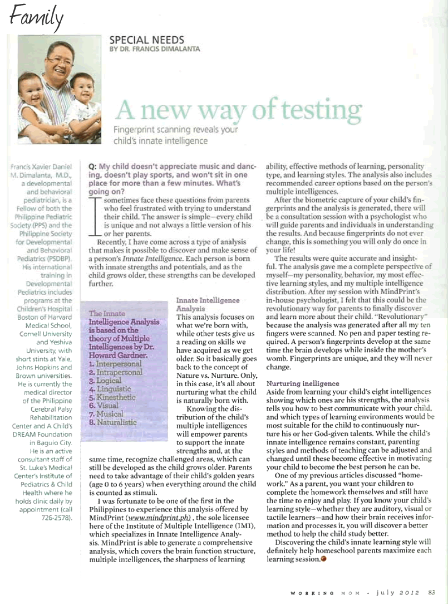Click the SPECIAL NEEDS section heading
click(147, 40)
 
